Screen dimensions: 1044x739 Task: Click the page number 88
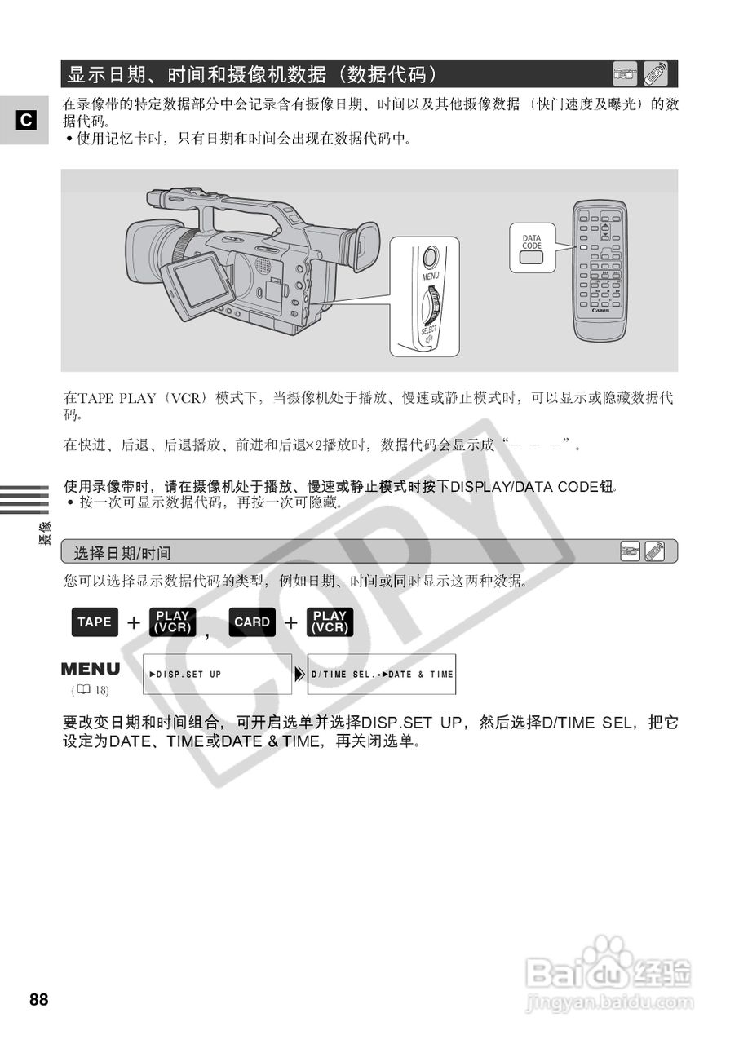pos(39,999)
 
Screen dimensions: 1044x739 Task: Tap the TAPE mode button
pos(95,622)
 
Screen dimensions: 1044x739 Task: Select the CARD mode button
pos(252,622)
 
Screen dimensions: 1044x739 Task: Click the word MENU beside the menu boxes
pos(91,669)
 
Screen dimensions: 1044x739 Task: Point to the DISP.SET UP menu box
pos(217,675)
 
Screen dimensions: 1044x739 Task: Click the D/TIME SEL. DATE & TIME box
pos(382,675)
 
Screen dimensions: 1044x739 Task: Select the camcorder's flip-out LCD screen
pos(197,281)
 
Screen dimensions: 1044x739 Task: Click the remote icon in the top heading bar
pos(655,74)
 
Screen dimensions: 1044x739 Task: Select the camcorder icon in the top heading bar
pos(626,74)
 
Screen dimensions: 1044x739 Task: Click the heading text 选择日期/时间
pos(123,553)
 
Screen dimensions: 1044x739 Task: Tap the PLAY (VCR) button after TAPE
pos(172,622)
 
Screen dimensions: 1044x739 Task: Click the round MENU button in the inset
pos(431,257)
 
